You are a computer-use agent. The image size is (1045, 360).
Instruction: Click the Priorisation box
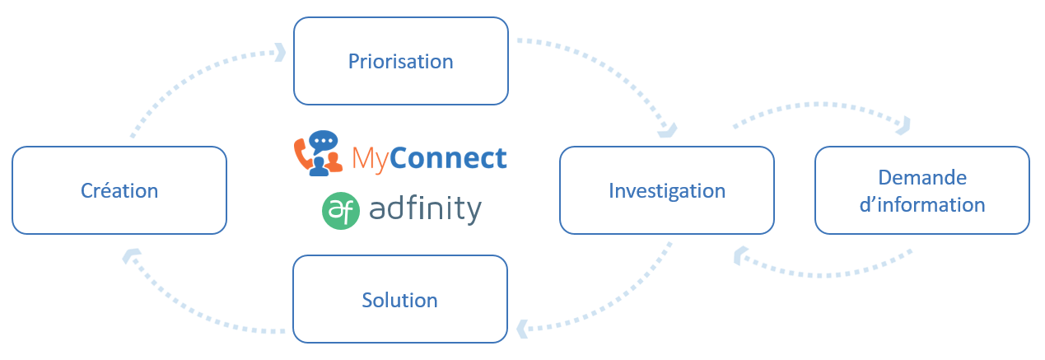click(400, 62)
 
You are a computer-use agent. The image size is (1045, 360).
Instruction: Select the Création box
click(119, 190)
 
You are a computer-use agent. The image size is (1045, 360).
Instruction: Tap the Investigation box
click(666, 190)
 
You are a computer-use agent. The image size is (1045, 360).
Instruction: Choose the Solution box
click(400, 299)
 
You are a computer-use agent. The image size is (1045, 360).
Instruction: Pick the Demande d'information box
click(921, 190)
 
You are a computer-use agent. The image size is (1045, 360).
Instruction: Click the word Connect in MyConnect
click(449, 157)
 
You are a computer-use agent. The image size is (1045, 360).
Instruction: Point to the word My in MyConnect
click(371, 157)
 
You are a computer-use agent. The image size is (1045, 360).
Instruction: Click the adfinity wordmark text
click(425, 209)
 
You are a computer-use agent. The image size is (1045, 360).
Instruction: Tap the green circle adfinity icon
click(340, 210)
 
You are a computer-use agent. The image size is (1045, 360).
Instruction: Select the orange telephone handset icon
click(303, 152)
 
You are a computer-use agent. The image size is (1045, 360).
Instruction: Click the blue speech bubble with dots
click(324, 141)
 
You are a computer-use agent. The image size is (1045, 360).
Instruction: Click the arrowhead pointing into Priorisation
click(280, 54)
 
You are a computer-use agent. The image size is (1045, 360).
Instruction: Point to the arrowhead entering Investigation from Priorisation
click(669, 129)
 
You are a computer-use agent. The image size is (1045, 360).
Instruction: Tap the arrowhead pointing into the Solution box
click(522, 330)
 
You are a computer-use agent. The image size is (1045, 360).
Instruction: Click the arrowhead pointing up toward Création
click(129, 256)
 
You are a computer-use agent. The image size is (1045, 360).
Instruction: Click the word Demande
click(921, 178)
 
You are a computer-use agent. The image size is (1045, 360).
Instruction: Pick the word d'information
click(921, 204)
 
